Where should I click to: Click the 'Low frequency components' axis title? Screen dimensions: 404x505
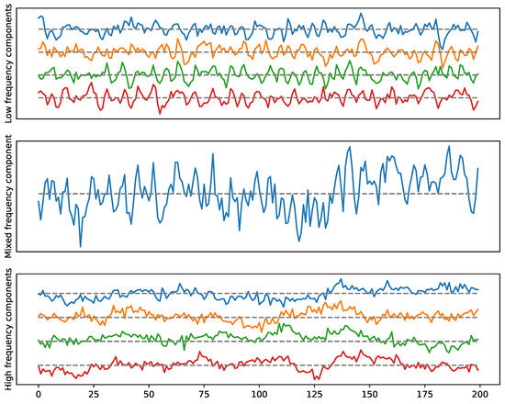click(8, 62)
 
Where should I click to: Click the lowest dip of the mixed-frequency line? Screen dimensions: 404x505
click(81, 246)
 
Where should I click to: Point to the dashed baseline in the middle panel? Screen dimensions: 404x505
click(275, 194)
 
